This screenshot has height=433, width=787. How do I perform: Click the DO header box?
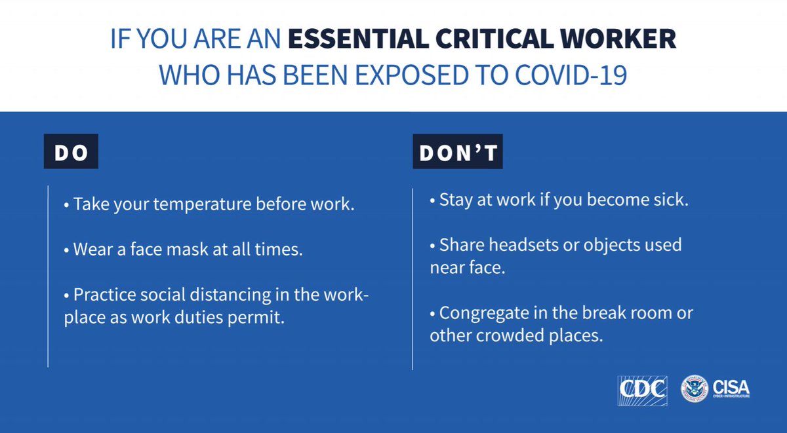[71, 153]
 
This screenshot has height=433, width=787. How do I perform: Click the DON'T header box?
[458, 153]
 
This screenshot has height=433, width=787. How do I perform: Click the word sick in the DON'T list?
[668, 200]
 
